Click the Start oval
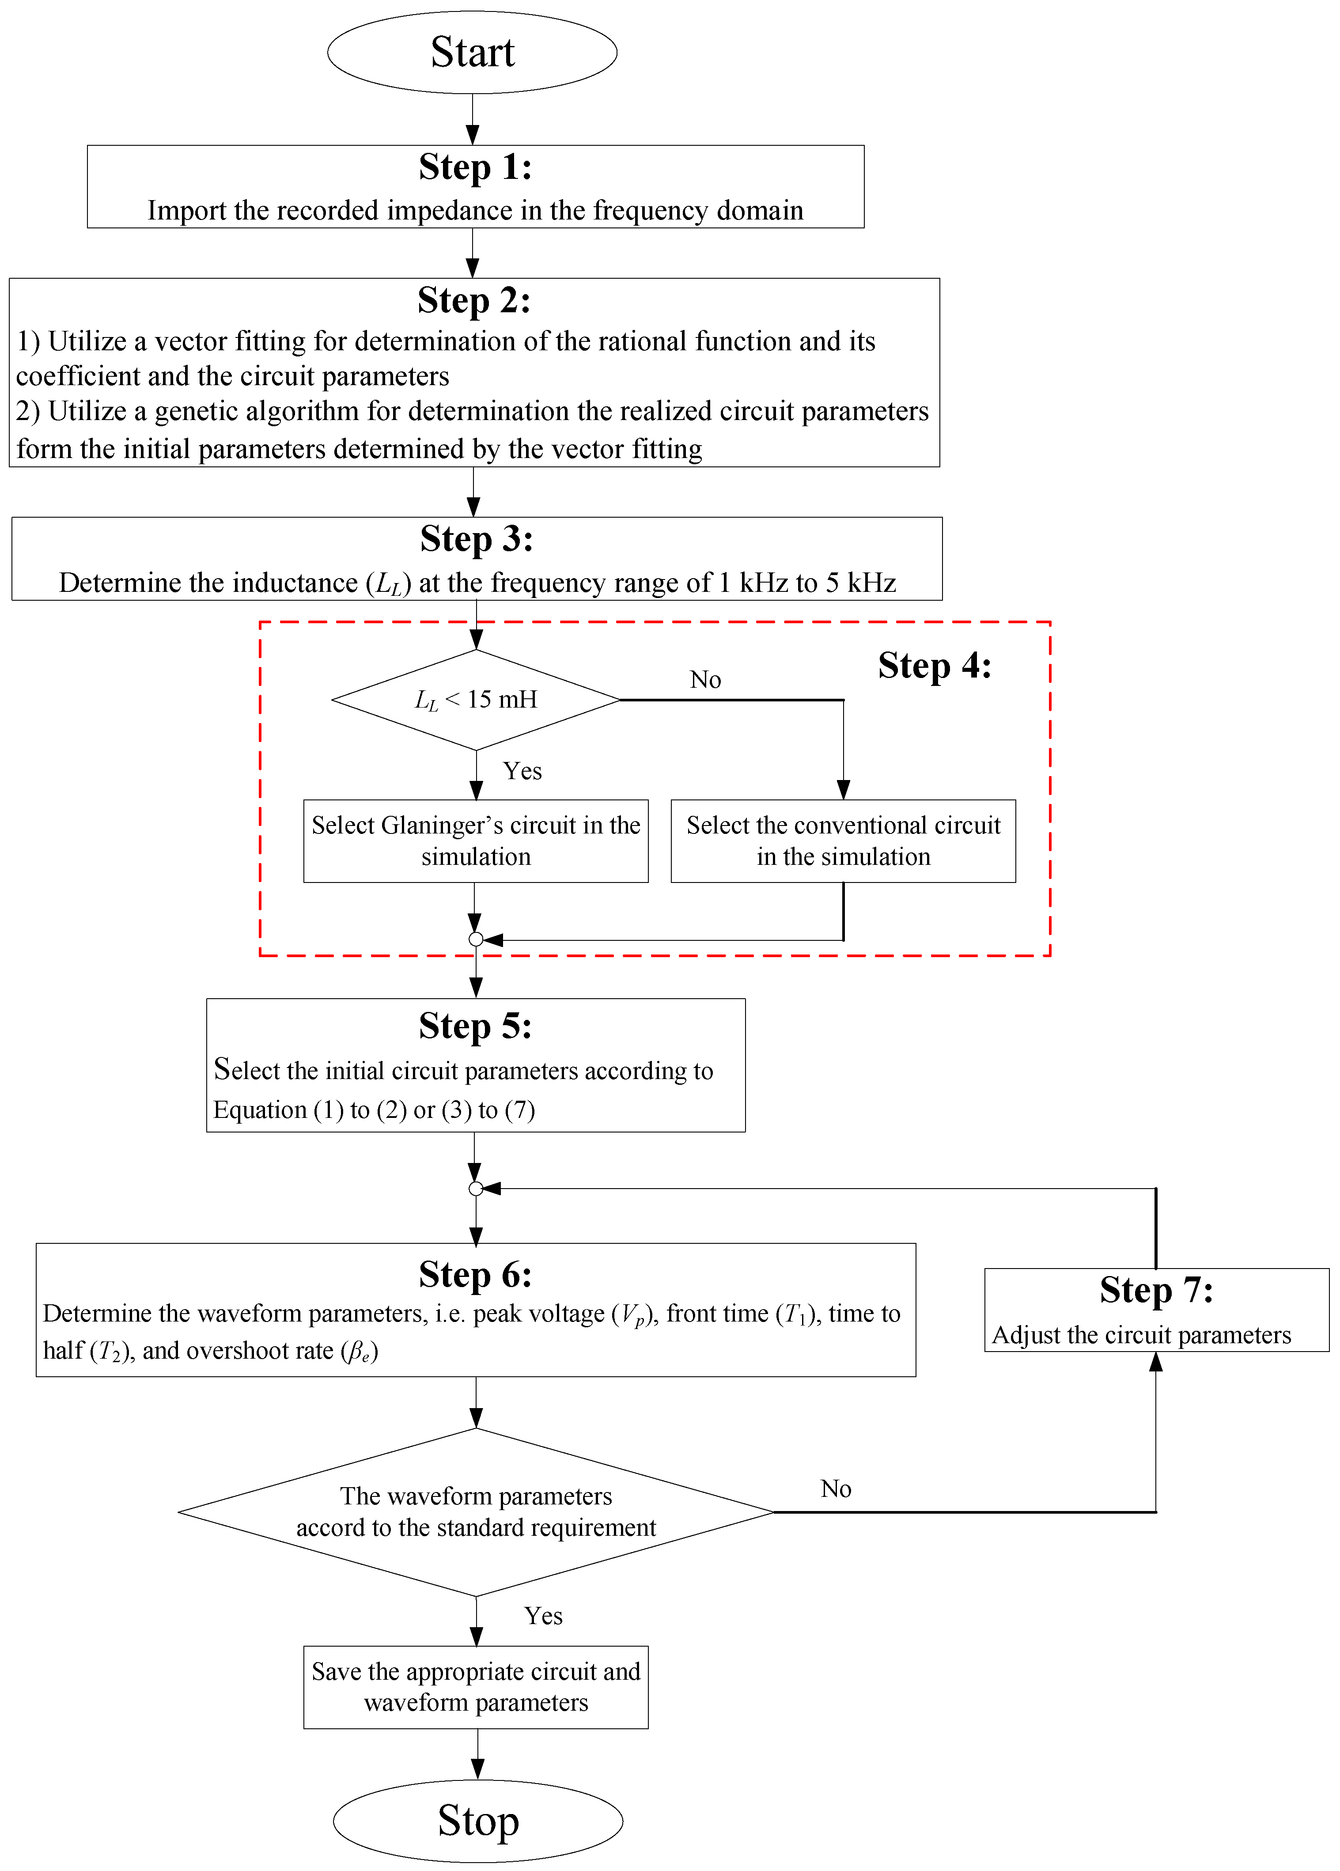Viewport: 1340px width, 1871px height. tap(472, 52)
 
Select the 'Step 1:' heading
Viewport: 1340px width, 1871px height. tap(475, 167)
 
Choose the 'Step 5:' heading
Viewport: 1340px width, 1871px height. tap(475, 1026)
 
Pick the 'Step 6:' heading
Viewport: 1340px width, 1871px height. tap(475, 1275)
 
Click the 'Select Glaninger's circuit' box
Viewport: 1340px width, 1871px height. tap(476, 841)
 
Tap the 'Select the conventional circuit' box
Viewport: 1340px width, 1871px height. tap(843, 841)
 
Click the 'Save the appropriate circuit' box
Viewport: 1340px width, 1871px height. tap(476, 1687)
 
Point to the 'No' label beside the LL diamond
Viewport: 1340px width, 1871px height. tap(705, 680)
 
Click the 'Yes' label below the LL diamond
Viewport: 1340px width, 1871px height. tap(522, 771)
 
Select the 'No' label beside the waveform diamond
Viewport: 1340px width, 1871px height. tap(836, 1489)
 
